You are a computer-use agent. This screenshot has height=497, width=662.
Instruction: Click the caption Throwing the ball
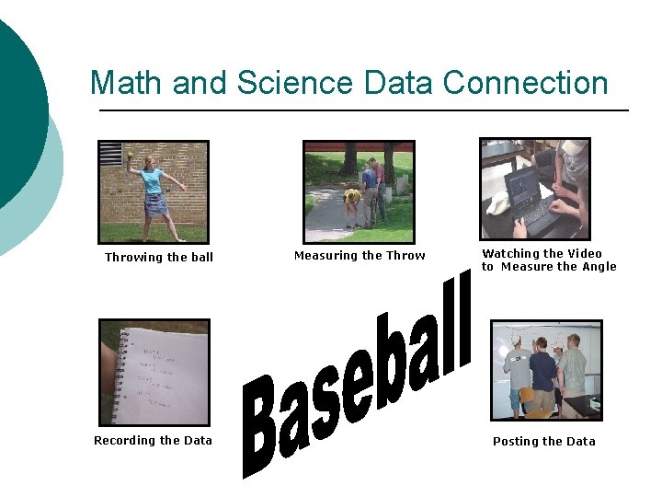pos(158,258)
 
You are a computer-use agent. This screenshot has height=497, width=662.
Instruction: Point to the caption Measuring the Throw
pos(360,256)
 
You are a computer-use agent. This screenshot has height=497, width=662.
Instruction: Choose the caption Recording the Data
pos(153,441)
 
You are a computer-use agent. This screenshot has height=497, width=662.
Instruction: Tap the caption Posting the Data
pos(543,442)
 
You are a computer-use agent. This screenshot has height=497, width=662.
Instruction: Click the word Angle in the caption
pos(599,267)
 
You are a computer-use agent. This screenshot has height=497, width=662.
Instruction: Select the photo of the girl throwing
pos(154,191)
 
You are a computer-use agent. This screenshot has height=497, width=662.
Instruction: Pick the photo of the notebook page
pos(154,372)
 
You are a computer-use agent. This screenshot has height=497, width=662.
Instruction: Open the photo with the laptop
pos(534,189)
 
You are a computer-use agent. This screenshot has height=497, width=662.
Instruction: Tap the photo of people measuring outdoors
pos(359,191)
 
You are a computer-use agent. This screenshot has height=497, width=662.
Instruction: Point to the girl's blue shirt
pos(152,180)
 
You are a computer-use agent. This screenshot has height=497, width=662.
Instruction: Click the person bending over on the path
pos(352,201)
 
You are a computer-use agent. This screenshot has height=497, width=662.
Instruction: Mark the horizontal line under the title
pos(363,110)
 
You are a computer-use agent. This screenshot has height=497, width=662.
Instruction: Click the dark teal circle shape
pos(18,110)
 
